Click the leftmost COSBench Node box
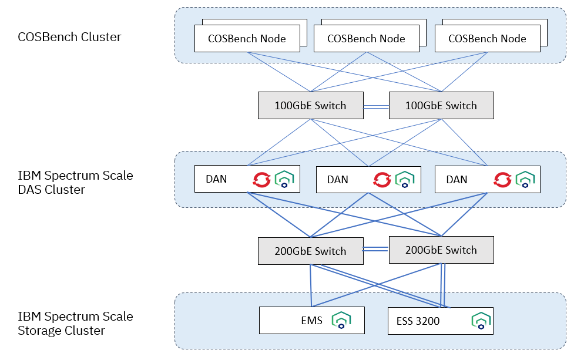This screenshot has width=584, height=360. [x=247, y=39]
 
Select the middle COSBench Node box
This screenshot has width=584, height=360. [x=366, y=39]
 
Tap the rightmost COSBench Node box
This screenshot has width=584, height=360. [x=487, y=39]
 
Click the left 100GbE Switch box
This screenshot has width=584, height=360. [x=310, y=106]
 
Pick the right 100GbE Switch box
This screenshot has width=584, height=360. [x=441, y=106]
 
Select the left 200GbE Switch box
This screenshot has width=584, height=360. [x=310, y=251]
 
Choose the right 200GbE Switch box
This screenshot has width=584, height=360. [x=441, y=250]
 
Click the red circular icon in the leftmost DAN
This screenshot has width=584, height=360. [x=261, y=179]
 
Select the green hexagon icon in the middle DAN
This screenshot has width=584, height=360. [x=405, y=180]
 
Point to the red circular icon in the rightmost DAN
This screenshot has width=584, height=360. [x=502, y=179]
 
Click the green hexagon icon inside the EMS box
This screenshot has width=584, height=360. [x=341, y=320]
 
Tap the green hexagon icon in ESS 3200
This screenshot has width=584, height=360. [x=481, y=321]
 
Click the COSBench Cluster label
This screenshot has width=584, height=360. [x=69, y=37]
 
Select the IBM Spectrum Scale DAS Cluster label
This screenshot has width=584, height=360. [x=75, y=183]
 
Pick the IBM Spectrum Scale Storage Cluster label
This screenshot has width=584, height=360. [x=75, y=324]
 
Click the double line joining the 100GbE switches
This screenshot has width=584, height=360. [x=375, y=106]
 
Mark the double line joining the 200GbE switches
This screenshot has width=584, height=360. [x=375, y=250]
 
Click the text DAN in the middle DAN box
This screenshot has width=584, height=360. [x=337, y=180]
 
